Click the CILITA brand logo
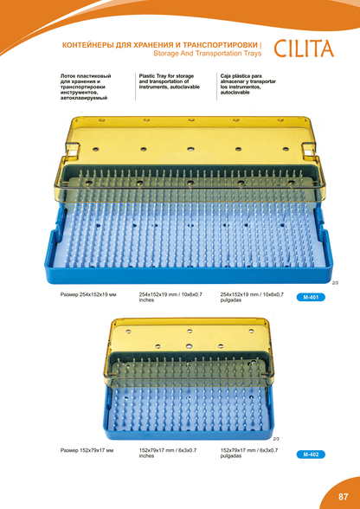coord(304,48)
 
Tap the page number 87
coord(343,497)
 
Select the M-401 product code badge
coord(311,297)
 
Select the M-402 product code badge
coord(311,454)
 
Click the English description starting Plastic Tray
coord(169,81)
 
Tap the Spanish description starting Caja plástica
coord(248,84)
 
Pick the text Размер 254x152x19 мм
coord(88,294)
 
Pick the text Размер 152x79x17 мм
coord(87,450)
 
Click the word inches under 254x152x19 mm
coord(146,300)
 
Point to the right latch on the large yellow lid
coord(308,151)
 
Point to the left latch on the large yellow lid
coord(73,150)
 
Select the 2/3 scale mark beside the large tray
coord(335,283)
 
